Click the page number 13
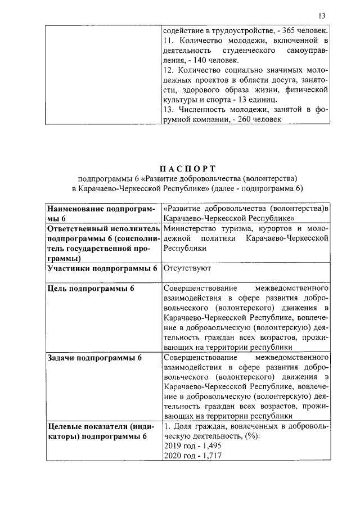click(322, 15)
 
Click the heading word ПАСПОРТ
click(188, 167)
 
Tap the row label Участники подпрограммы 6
click(102, 268)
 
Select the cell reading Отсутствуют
click(186, 268)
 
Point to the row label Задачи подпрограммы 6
click(94, 357)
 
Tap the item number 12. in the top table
click(168, 70)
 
